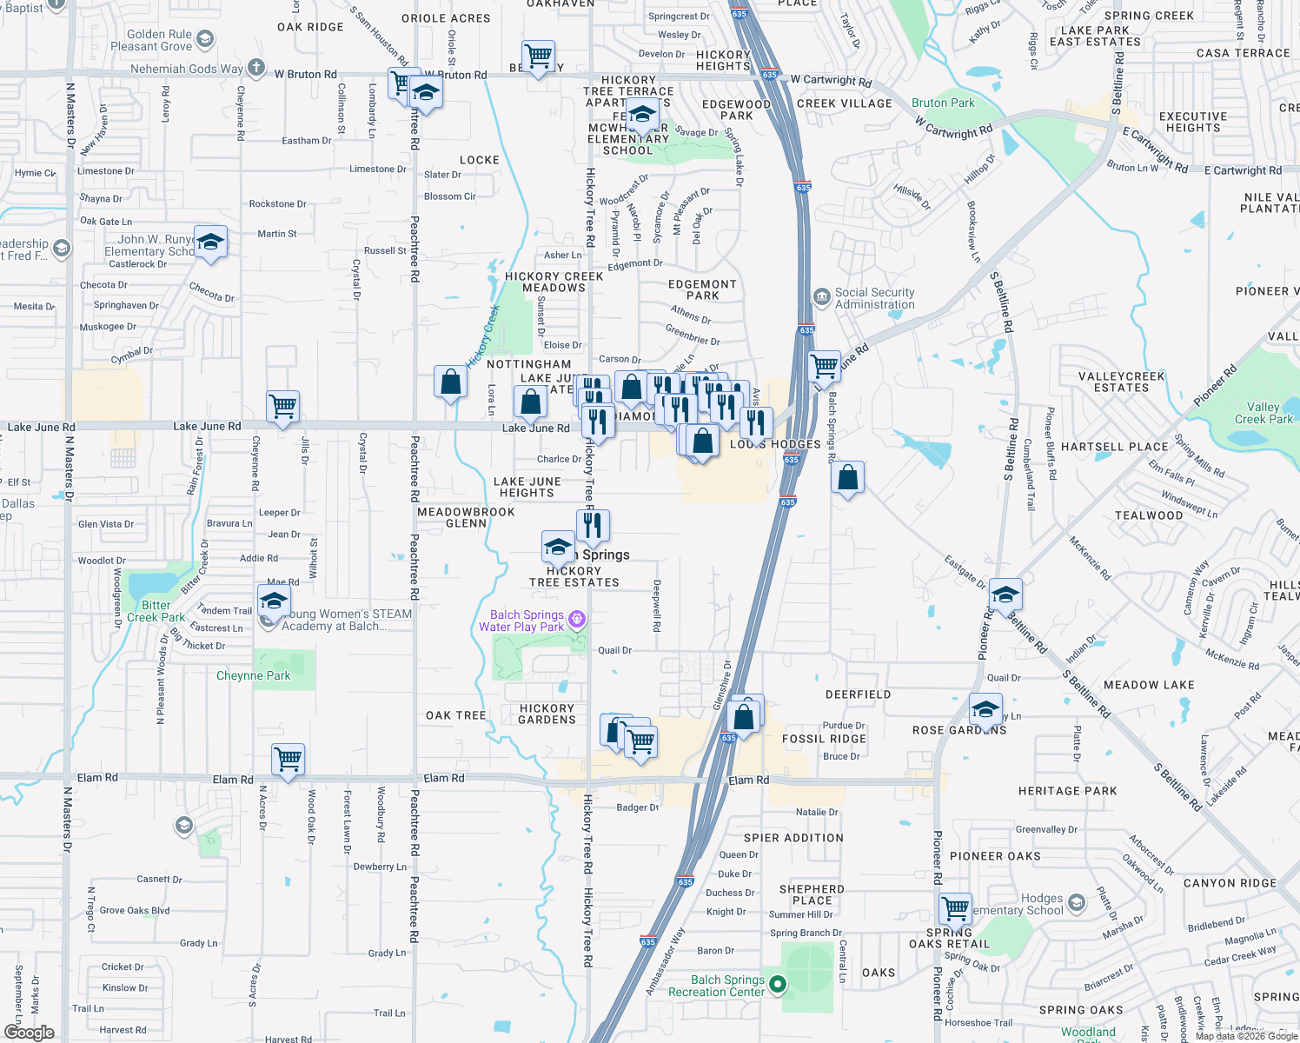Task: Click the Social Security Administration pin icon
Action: pos(822,297)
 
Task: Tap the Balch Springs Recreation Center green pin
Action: pos(779,985)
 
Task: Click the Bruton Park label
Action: pos(943,103)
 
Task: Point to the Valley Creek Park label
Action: pos(1264,413)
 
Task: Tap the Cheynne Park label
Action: pos(253,675)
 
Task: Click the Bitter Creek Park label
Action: pos(156,611)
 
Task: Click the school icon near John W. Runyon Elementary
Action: pos(209,242)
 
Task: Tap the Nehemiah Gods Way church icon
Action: pos(256,67)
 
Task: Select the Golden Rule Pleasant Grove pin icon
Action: pos(205,38)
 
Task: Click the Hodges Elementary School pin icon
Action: pos(1077,903)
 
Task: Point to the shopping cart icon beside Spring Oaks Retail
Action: pos(955,908)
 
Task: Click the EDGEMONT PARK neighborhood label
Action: pos(702,289)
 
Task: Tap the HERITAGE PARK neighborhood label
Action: pos(1067,791)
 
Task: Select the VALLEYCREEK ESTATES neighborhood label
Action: pos(1121,382)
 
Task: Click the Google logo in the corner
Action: pos(29,1032)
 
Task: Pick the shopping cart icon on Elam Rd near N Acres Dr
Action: pos(288,759)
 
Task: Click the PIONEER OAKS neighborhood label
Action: pos(995,856)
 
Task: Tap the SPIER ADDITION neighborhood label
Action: pos(793,838)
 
